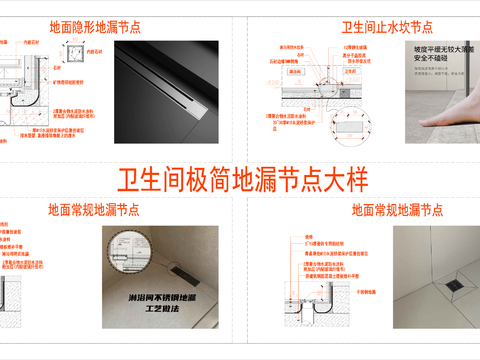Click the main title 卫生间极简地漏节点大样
[x=243, y=180]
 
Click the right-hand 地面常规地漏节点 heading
[x=397, y=211]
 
